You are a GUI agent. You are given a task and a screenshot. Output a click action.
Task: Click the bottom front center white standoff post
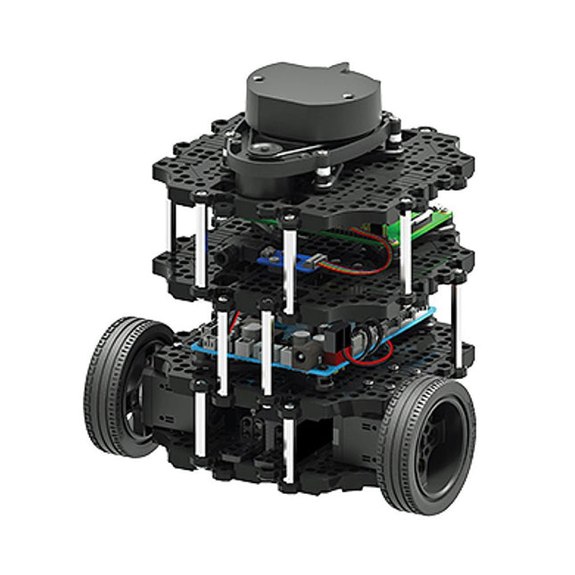point(287,446)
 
